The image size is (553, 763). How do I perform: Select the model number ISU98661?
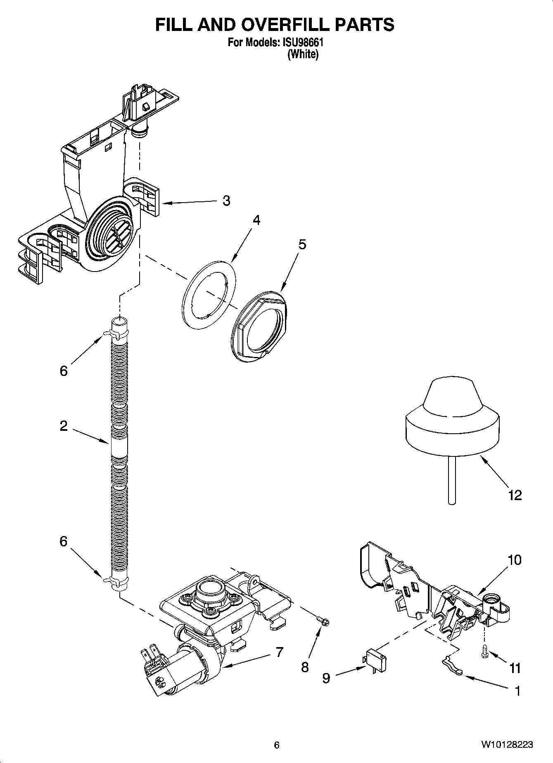pos(303,43)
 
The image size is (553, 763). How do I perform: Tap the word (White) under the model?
pos(303,54)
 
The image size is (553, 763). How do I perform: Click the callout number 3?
pos(226,201)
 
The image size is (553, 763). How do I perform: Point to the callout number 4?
pos(256,220)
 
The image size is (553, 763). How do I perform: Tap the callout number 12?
pos(515,495)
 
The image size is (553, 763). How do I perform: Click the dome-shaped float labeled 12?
pos(451,417)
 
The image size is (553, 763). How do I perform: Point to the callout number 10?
pos(515,560)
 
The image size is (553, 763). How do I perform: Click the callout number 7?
pos(280,652)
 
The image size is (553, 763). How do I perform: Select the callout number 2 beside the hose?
pos(63,426)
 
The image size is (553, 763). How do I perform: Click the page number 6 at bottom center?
pos(277,745)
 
